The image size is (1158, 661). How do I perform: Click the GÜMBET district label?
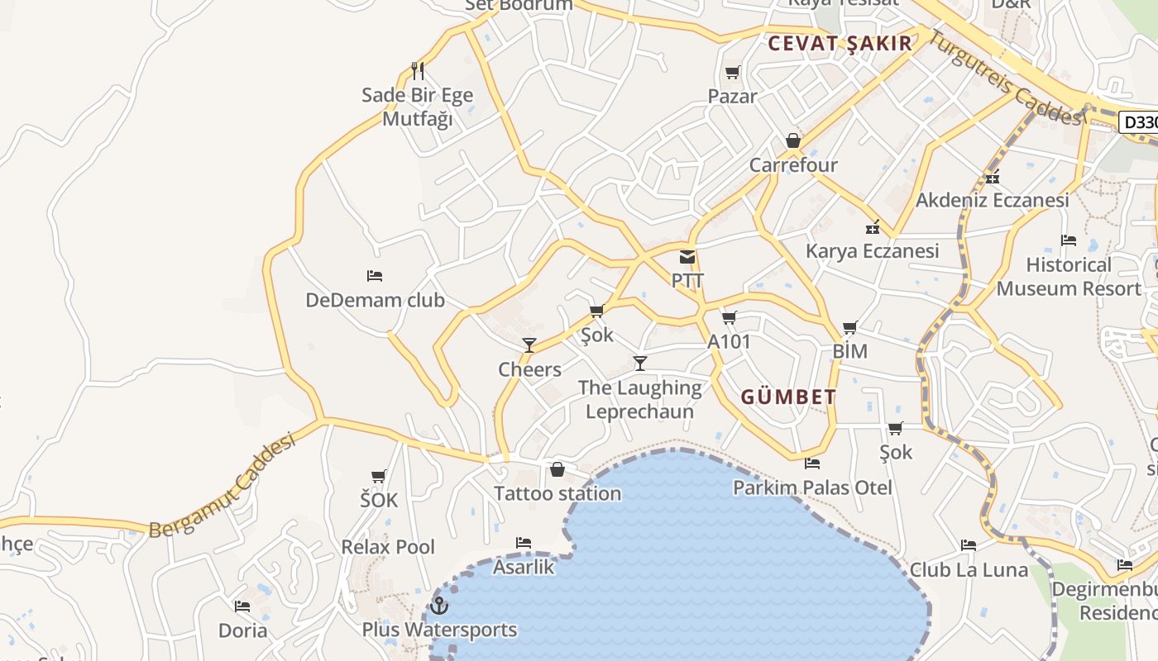(x=788, y=397)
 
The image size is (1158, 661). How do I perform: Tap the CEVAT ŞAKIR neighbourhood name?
(x=840, y=44)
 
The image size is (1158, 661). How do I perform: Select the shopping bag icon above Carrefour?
(x=793, y=140)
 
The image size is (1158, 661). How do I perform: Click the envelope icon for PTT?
(x=687, y=257)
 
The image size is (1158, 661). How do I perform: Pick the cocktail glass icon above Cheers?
(x=529, y=345)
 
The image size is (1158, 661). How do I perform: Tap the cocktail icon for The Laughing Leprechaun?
(x=639, y=363)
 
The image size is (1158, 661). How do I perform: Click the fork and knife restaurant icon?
(x=418, y=71)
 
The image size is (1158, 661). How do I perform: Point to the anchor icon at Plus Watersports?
(x=439, y=606)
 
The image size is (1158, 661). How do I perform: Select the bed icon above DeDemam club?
(x=375, y=275)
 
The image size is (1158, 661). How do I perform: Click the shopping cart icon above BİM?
(x=850, y=327)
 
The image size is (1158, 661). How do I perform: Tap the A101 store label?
(x=729, y=341)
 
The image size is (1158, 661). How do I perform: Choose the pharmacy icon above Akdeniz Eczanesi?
(x=993, y=177)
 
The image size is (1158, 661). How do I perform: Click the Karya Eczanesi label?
(x=873, y=250)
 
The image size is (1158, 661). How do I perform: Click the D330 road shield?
(x=1140, y=123)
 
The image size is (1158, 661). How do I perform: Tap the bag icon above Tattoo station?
(x=557, y=469)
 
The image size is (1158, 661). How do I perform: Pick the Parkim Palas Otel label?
(x=812, y=487)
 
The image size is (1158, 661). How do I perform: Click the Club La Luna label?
(x=969, y=569)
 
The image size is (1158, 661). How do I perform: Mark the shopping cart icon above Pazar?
(x=732, y=73)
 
